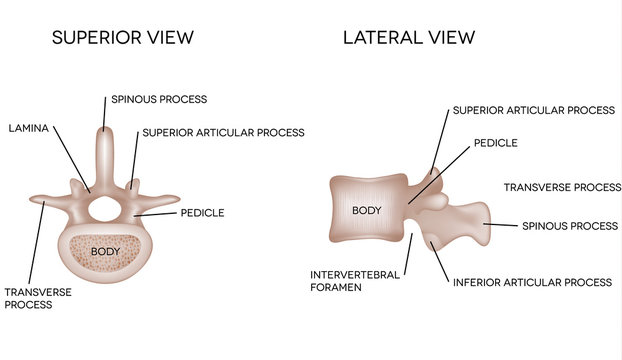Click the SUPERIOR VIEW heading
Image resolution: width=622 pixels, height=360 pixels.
tap(122, 38)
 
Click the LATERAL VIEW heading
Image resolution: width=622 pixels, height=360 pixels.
tap(409, 38)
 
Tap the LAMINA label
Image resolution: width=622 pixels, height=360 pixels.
tap(30, 128)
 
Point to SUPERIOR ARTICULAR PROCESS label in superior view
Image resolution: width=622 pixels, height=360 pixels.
tap(223, 132)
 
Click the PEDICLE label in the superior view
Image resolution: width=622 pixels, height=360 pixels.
tap(202, 212)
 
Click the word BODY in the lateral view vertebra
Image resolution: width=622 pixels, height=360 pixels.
tap(367, 211)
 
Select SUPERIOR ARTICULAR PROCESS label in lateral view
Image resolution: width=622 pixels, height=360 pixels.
tap(533, 111)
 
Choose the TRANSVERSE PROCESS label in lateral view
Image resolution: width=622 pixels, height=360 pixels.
tap(562, 187)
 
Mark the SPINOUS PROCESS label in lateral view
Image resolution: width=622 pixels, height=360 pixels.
tap(570, 226)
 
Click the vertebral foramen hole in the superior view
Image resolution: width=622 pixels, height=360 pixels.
tap(105, 209)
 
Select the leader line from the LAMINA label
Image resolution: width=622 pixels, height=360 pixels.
tap(68, 160)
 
